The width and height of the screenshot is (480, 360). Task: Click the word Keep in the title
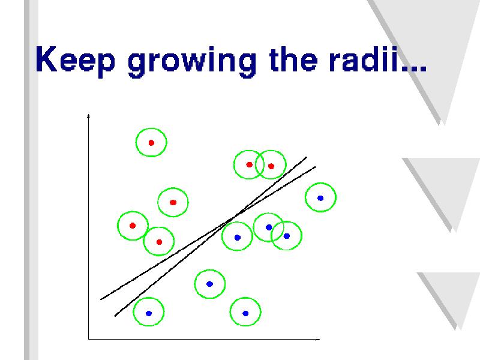click(x=76, y=60)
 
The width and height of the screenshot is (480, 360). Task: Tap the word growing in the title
click(x=192, y=62)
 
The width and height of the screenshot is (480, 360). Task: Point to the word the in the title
click(x=293, y=59)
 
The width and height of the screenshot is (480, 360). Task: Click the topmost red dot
click(x=151, y=143)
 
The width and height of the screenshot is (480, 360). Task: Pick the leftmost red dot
click(x=133, y=226)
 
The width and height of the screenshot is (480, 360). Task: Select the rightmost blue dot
click(x=320, y=198)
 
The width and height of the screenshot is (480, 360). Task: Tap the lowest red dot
click(x=159, y=242)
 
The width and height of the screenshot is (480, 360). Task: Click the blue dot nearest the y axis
click(x=149, y=313)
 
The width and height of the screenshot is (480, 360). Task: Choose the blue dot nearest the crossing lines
click(x=238, y=237)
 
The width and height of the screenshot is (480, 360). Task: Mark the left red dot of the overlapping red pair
click(x=249, y=164)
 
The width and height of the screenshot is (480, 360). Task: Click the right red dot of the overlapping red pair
click(x=271, y=166)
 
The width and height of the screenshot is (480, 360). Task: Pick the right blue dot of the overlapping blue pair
click(x=287, y=236)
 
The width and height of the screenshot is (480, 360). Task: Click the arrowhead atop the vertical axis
click(x=88, y=116)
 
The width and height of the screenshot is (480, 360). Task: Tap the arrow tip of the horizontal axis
click(x=319, y=339)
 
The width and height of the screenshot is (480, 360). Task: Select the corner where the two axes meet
click(x=88, y=339)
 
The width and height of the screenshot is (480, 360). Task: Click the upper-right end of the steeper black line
click(x=307, y=157)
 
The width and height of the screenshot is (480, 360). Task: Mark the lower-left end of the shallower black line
click(x=101, y=299)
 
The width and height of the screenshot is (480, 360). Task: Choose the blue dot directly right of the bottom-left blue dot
click(x=245, y=313)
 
